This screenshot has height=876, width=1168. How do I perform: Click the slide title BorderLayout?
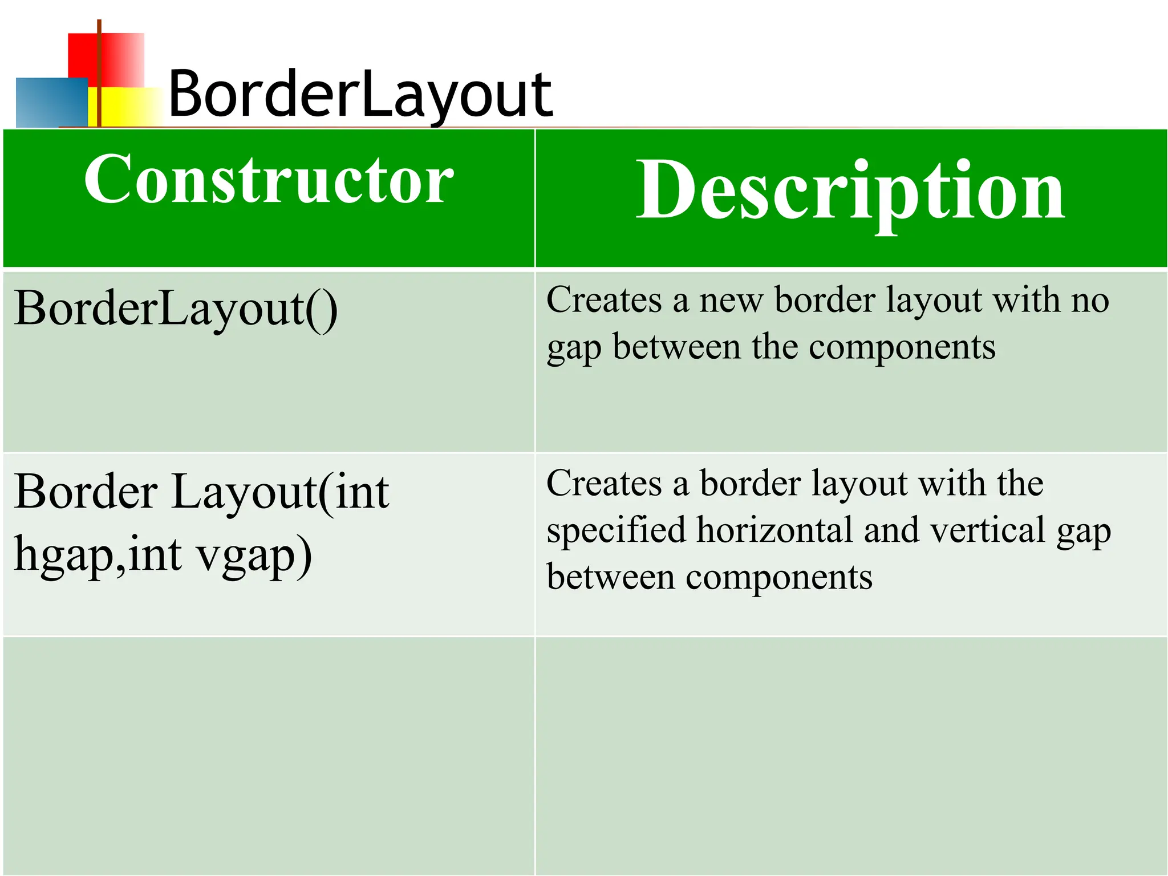pos(360,94)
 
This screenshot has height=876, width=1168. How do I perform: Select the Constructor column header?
pos(269,180)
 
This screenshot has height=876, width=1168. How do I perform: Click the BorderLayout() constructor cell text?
pos(176,309)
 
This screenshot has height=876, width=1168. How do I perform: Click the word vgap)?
pos(254,554)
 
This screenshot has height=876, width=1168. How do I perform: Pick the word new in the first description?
pos(731,301)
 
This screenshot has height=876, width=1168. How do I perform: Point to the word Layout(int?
pos(280,492)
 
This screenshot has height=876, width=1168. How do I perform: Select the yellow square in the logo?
pos(128,107)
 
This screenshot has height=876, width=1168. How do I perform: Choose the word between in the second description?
pos(611,577)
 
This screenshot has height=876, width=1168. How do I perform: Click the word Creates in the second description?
pos(604,484)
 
